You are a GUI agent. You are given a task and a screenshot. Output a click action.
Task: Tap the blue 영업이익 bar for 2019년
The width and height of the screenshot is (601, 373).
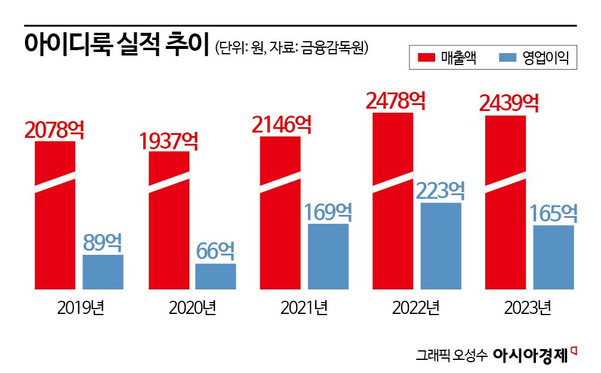103,272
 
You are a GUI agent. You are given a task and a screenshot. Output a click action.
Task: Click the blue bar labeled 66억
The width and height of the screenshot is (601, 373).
215,276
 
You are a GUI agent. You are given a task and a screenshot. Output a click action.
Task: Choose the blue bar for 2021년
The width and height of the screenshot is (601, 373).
328,257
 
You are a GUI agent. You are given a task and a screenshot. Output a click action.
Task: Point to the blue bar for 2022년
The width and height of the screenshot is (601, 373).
441,246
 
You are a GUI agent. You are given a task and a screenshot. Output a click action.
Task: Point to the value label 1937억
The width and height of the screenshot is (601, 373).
169,141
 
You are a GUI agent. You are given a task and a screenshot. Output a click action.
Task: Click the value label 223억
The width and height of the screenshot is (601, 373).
440,191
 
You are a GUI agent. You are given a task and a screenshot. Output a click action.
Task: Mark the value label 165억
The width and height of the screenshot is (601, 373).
554,213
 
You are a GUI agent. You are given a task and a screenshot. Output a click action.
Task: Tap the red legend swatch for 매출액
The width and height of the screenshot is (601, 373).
427,58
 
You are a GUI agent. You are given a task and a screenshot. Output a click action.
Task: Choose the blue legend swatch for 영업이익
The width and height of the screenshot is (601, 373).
507,58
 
